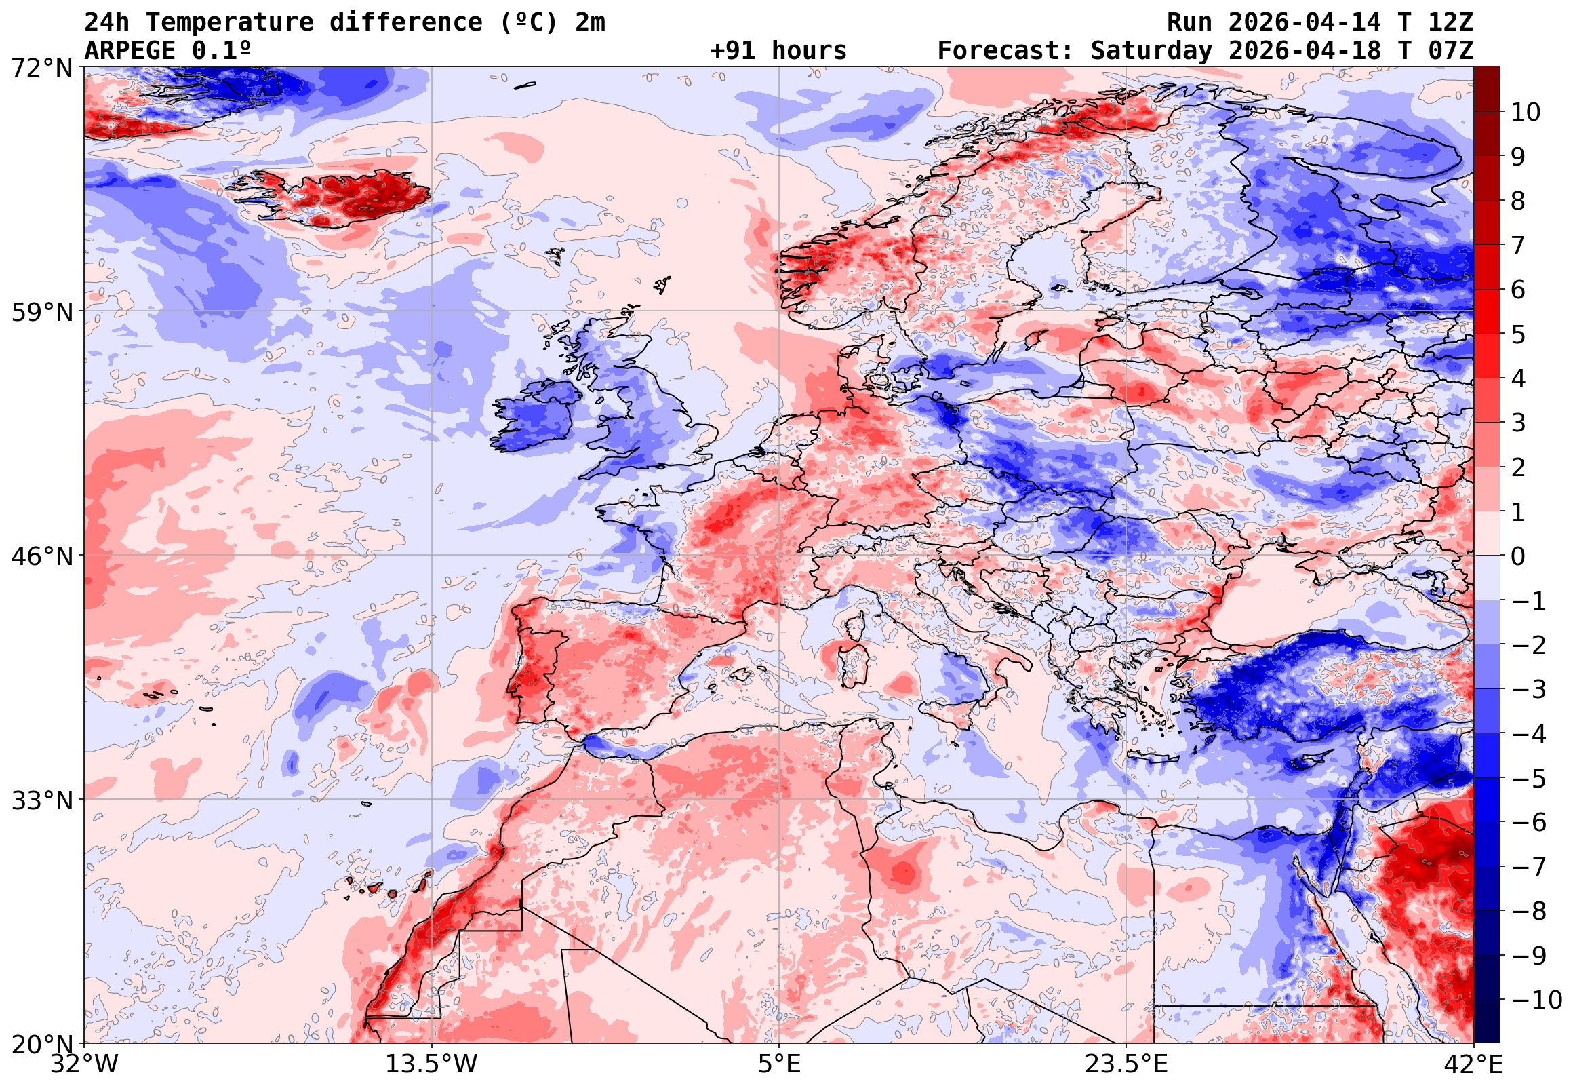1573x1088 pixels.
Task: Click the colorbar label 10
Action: click(x=1526, y=113)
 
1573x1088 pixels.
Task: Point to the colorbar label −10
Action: click(x=1536, y=1000)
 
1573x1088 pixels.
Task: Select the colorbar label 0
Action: click(x=1518, y=556)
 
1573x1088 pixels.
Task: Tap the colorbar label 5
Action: click(x=1518, y=334)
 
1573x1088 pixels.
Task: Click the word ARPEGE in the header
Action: click(x=129, y=51)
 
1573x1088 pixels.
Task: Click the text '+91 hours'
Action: click(x=778, y=51)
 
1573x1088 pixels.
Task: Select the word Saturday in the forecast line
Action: click(x=1151, y=51)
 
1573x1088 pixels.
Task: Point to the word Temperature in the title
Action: click(x=229, y=22)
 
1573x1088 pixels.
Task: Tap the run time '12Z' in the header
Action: click(x=1450, y=22)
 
